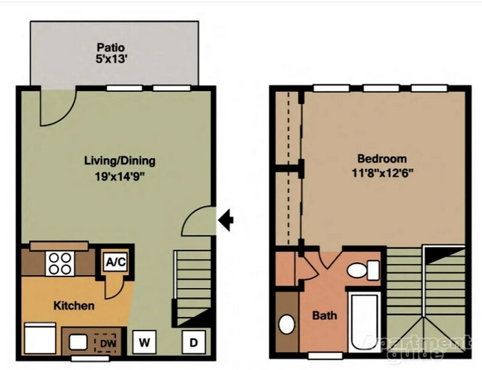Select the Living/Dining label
pos(120,161)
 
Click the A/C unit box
pos(115,261)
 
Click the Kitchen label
pos(74,305)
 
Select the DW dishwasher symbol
pos(107,341)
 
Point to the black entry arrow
pos(226,219)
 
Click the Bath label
pos(325,316)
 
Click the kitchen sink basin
pos(78,342)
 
